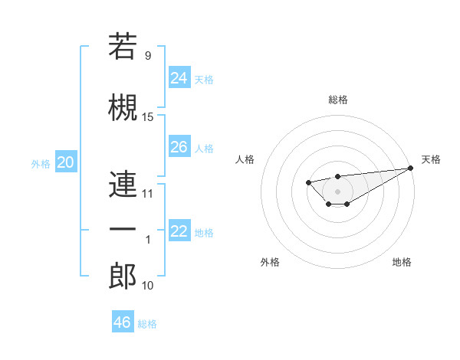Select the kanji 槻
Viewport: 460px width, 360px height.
tap(123, 108)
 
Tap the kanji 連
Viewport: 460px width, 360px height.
tap(123, 184)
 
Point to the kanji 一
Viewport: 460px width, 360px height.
tap(123, 229)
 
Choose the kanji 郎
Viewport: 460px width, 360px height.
tap(123, 275)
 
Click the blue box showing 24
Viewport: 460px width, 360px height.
tap(179, 77)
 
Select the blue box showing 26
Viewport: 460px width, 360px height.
tap(179, 147)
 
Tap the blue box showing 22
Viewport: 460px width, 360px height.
tap(179, 231)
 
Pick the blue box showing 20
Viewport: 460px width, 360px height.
tap(66, 162)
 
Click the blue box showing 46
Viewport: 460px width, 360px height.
tap(122, 322)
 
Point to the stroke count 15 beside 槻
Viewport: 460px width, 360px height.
tap(148, 117)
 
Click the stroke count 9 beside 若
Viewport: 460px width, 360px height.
tap(148, 55)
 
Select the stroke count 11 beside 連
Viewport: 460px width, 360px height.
tap(148, 193)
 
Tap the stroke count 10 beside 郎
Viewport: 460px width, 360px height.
tap(148, 285)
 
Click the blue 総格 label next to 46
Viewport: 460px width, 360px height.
tap(147, 324)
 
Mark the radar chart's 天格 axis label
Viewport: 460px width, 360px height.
tap(431, 159)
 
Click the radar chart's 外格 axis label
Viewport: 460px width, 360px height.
tap(270, 262)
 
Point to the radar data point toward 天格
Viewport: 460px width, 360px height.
tap(411, 168)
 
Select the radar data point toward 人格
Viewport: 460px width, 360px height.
tap(308, 182)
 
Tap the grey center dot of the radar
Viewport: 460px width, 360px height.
tap(337, 191)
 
